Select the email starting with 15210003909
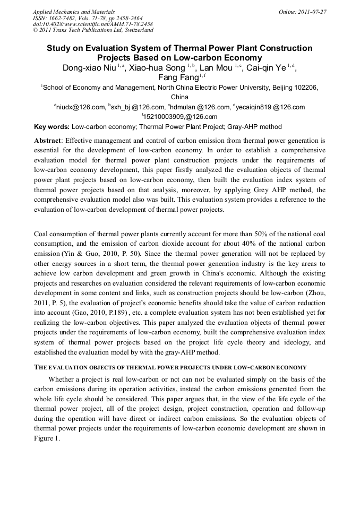(x=181, y=117)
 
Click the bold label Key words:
(x=52, y=127)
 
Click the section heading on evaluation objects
(x=170, y=367)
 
